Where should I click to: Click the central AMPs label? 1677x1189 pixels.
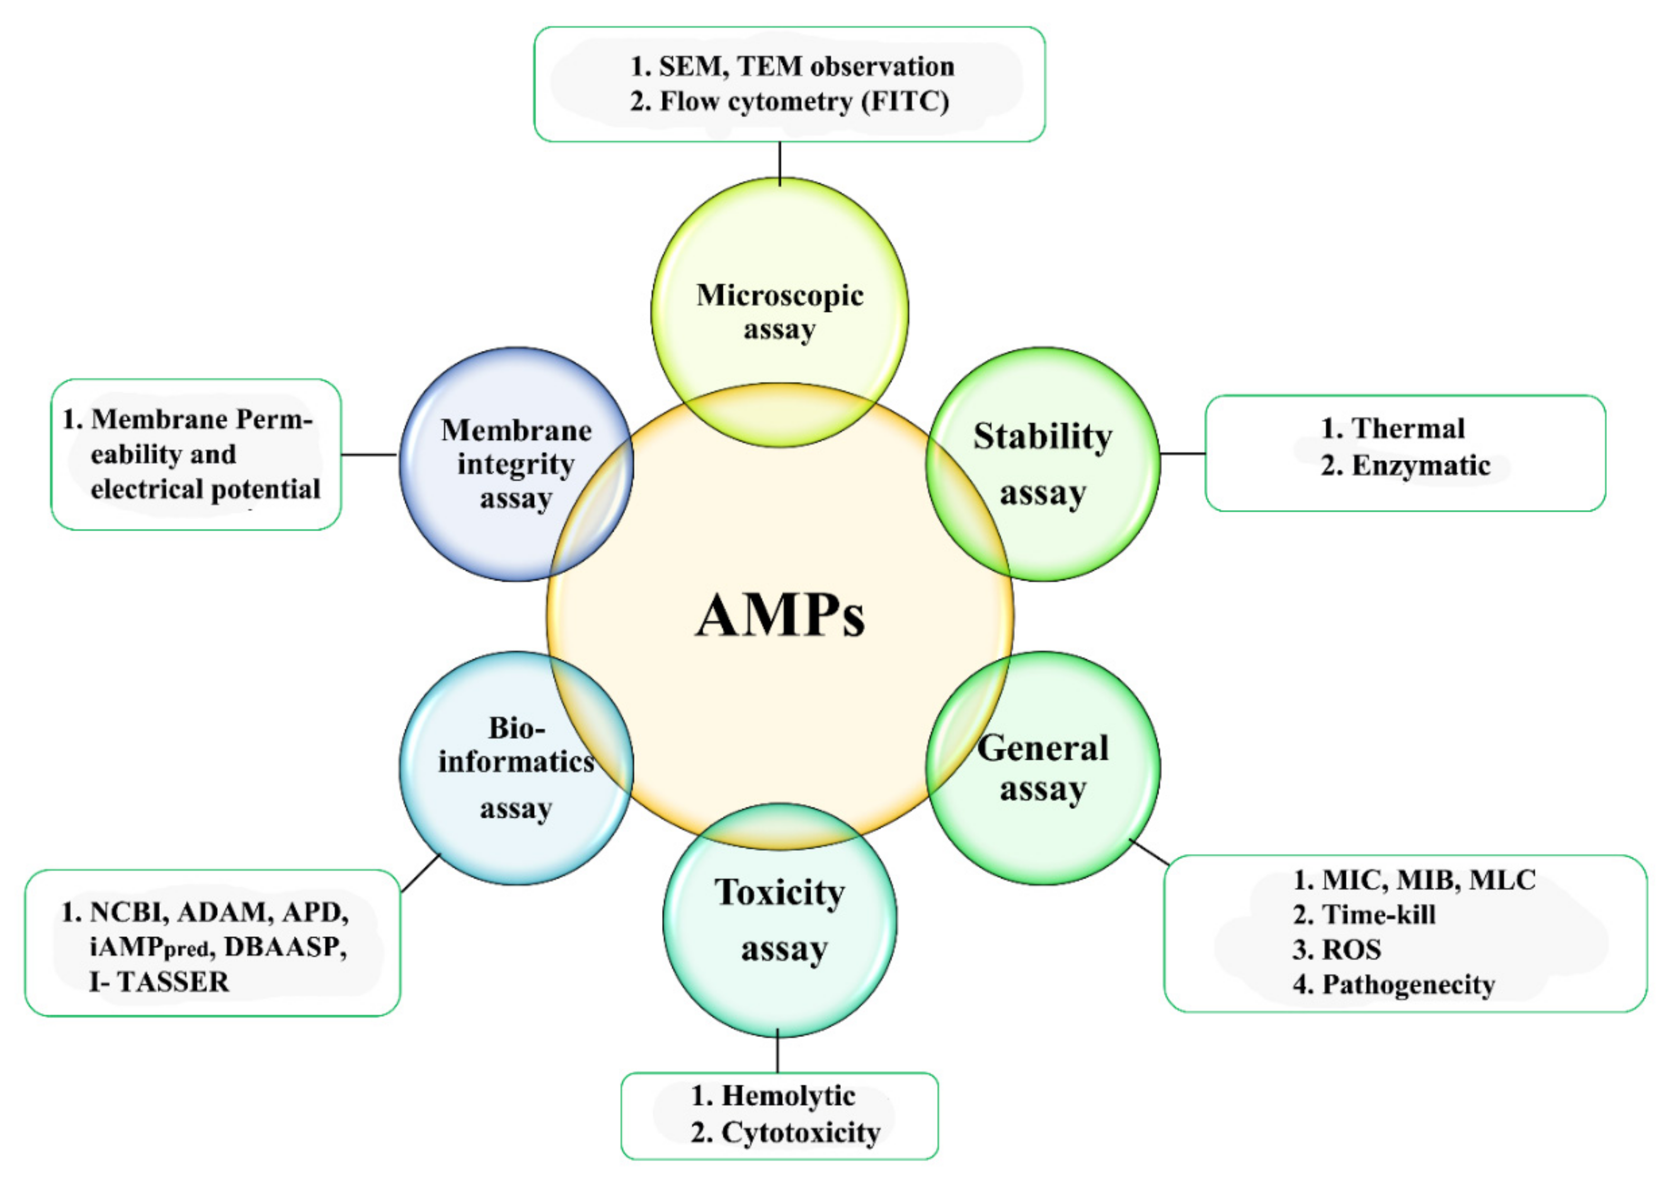coord(780,616)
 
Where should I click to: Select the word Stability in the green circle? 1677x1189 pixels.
coord(1042,437)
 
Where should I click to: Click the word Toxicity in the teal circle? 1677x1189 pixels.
coord(780,893)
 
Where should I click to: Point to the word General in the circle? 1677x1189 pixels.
coord(1042,748)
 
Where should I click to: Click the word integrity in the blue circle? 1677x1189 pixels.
coord(516,464)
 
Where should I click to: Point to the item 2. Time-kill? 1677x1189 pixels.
coord(1364,915)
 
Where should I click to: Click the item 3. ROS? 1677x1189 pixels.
coord(1337,950)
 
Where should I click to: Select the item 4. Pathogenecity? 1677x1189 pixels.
coord(1394,985)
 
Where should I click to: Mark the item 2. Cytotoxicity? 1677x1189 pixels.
coord(785,1132)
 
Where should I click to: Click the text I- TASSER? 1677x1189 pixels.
coord(159,982)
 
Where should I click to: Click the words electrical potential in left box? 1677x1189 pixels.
coord(206,489)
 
